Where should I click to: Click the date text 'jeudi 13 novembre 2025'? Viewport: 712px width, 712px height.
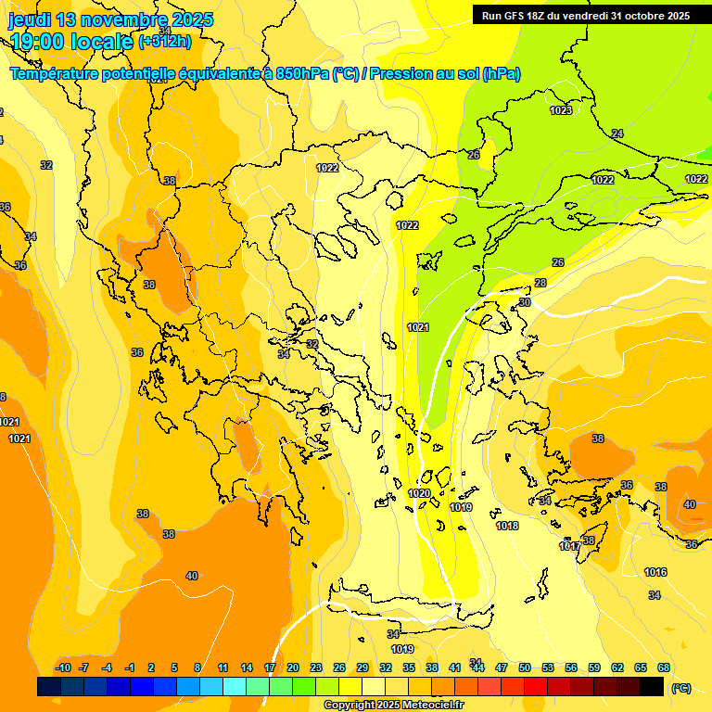click(x=111, y=19)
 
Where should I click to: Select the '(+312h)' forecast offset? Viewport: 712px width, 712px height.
click(x=165, y=41)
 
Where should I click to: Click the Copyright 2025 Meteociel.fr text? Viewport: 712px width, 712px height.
click(x=394, y=706)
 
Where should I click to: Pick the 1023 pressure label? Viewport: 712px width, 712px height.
click(x=561, y=110)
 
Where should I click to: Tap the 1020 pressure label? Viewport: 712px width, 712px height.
click(x=419, y=493)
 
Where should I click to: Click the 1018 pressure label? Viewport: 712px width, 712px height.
click(x=507, y=526)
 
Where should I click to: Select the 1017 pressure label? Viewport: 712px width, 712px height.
click(x=569, y=546)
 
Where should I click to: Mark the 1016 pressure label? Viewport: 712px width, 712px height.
click(x=655, y=572)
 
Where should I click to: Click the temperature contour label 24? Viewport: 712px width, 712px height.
click(x=617, y=133)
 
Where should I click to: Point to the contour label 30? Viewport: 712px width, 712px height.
click(x=525, y=302)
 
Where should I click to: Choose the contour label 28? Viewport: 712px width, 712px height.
click(x=540, y=283)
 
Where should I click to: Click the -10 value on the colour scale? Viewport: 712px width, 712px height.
click(x=63, y=667)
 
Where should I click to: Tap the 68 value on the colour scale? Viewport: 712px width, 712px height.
click(x=664, y=667)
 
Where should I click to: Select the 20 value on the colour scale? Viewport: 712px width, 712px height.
click(x=293, y=667)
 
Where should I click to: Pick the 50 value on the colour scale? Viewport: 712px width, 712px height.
click(x=525, y=667)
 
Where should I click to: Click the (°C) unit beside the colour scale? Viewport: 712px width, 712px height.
click(x=681, y=687)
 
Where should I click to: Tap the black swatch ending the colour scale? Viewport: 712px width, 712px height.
click(x=652, y=686)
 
